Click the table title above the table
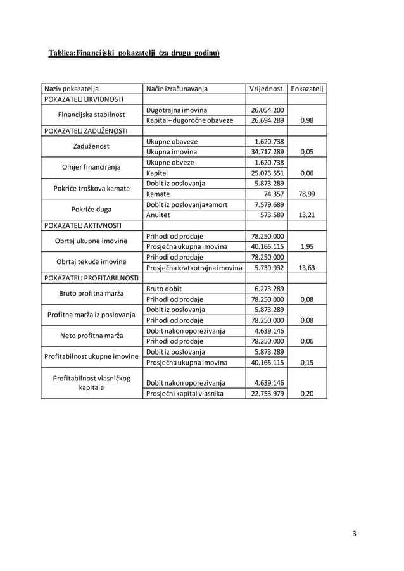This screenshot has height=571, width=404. click(134, 53)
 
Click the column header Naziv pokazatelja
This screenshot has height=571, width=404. click(71, 89)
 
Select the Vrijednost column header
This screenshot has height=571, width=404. click(265, 89)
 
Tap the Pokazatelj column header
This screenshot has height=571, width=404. click(307, 89)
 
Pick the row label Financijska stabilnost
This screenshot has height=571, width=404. click(92, 115)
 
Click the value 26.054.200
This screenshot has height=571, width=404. click(267, 110)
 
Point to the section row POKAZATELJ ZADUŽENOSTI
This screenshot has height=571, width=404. click(85, 131)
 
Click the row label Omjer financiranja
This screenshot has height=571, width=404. click(92, 167)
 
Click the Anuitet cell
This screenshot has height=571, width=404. click(158, 215)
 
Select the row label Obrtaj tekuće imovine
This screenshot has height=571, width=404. click(92, 261)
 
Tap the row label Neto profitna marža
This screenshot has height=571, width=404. click(92, 335)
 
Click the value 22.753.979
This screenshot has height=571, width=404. click(267, 394)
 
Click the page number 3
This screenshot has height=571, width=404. click(355, 533)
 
